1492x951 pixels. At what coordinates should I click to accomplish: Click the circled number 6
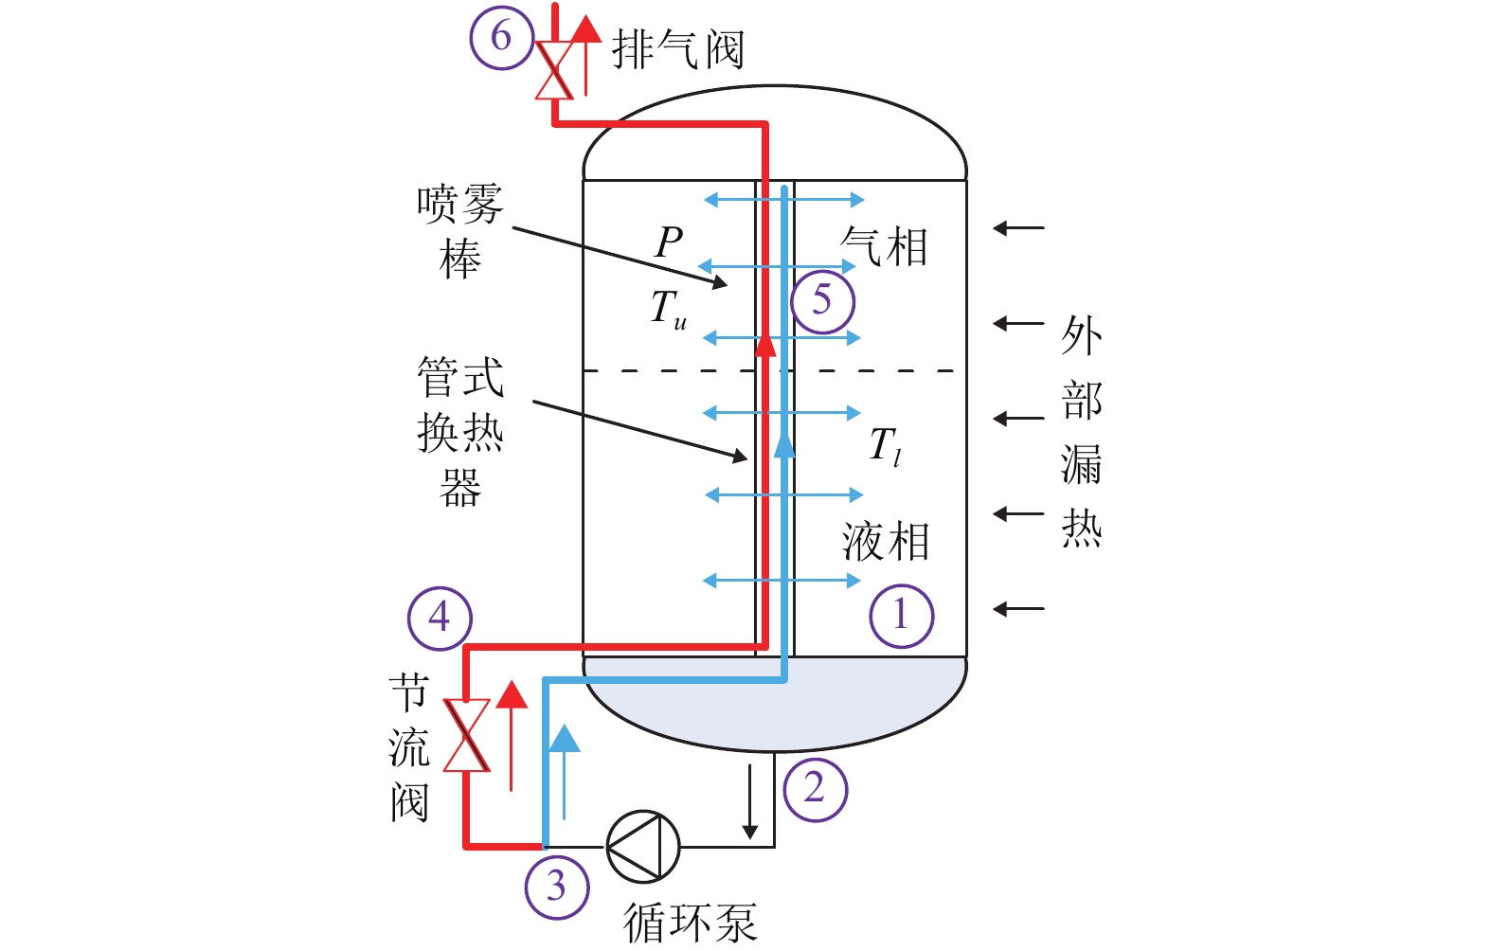point(501,38)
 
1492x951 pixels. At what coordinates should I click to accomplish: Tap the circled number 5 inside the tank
point(822,301)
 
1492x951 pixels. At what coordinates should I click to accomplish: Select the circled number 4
point(440,618)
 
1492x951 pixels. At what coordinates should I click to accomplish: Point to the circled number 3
point(557,887)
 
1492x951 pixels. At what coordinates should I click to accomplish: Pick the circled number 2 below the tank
point(815,788)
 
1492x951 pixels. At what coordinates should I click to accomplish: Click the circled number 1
point(901,616)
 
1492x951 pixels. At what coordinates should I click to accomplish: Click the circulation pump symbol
point(643,846)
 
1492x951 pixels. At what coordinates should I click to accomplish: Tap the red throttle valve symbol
point(467,735)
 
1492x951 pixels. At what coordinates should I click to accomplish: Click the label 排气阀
point(677,49)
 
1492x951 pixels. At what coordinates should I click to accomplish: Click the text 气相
point(885,247)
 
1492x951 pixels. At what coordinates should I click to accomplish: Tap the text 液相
point(885,542)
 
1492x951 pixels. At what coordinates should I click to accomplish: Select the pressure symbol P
point(669,242)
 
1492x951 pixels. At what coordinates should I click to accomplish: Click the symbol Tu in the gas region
point(669,309)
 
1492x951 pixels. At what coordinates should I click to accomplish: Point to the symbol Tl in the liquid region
point(884,445)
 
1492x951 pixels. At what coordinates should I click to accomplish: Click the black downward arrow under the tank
point(749,800)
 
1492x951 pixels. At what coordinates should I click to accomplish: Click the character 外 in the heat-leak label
point(1081,336)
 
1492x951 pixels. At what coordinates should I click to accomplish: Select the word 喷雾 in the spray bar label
point(460,204)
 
